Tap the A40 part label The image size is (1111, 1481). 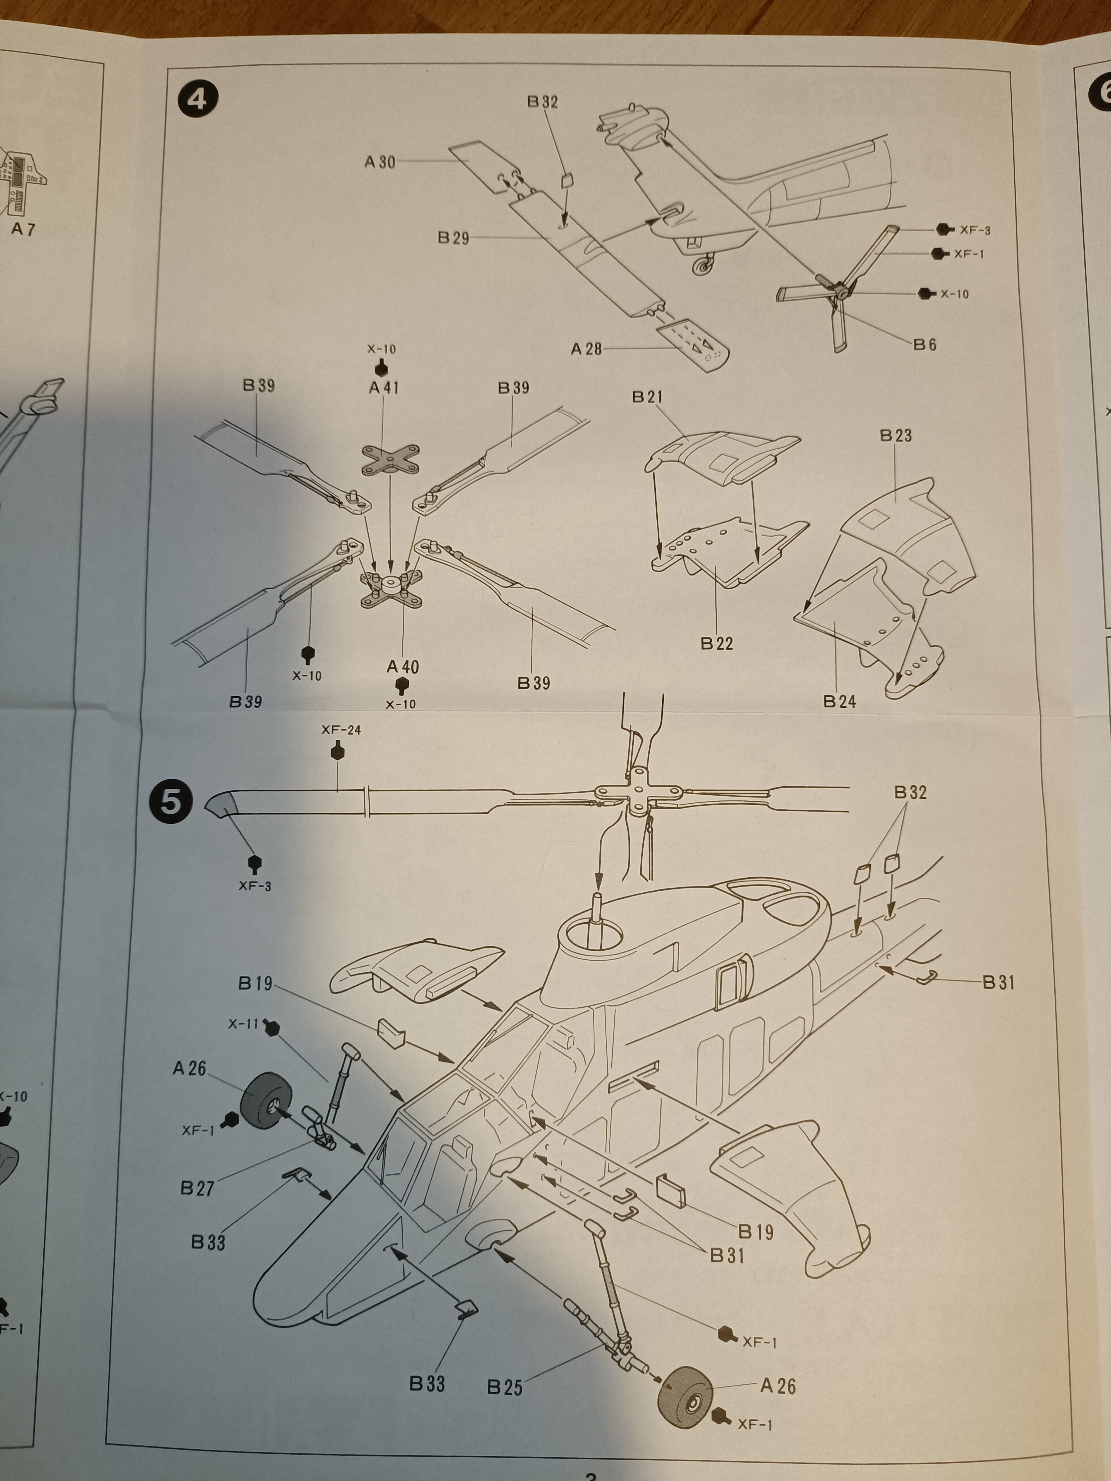coord(402,667)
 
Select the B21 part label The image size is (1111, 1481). coord(647,397)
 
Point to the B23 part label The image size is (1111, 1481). coord(895,436)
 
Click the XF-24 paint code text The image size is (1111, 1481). coord(341,730)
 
